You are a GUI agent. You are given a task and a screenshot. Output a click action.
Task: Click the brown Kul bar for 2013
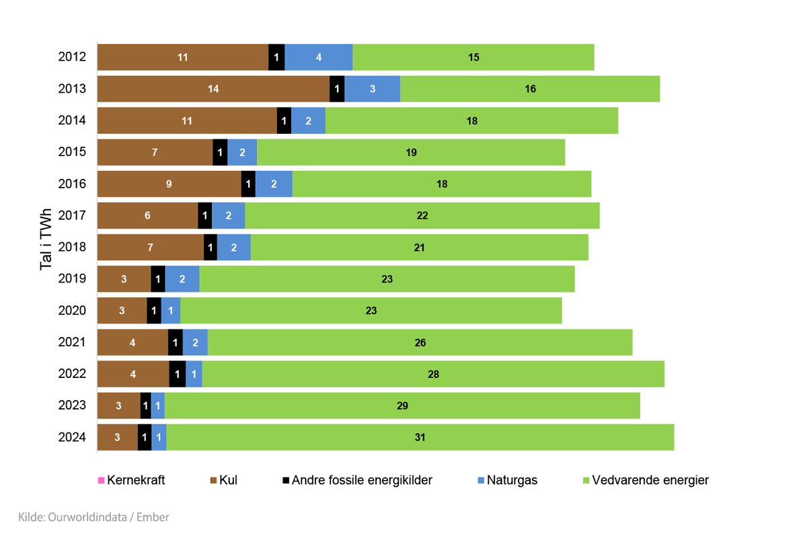(213, 89)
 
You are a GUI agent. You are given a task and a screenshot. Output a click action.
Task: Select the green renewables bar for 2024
(420, 437)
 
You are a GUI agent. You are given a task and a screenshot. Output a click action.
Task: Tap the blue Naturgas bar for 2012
(318, 57)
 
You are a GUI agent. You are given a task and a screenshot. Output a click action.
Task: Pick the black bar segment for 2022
(177, 374)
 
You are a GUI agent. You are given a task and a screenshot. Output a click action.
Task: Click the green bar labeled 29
(402, 406)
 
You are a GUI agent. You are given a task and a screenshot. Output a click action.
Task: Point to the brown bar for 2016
(169, 184)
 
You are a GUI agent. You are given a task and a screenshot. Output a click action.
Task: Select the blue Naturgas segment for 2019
(182, 279)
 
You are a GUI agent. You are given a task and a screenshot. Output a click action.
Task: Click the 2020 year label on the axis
(72, 310)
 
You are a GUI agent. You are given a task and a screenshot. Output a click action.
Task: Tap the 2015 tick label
(72, 152)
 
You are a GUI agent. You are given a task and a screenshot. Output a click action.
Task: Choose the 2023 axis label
(72, 406)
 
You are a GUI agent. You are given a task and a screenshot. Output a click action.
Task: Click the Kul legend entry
(224, 480)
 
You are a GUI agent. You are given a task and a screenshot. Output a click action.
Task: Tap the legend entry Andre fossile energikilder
(357, 480)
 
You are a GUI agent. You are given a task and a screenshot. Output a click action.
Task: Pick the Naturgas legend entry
(507, 480)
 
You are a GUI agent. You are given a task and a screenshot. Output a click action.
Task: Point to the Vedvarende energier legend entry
(645, 480)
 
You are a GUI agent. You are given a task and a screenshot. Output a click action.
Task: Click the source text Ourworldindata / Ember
(93, 517)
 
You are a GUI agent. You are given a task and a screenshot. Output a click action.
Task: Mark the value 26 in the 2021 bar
(420, 343)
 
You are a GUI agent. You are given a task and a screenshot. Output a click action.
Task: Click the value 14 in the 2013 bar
(213, 89)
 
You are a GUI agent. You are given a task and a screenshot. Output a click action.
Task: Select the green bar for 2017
(422, 215)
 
